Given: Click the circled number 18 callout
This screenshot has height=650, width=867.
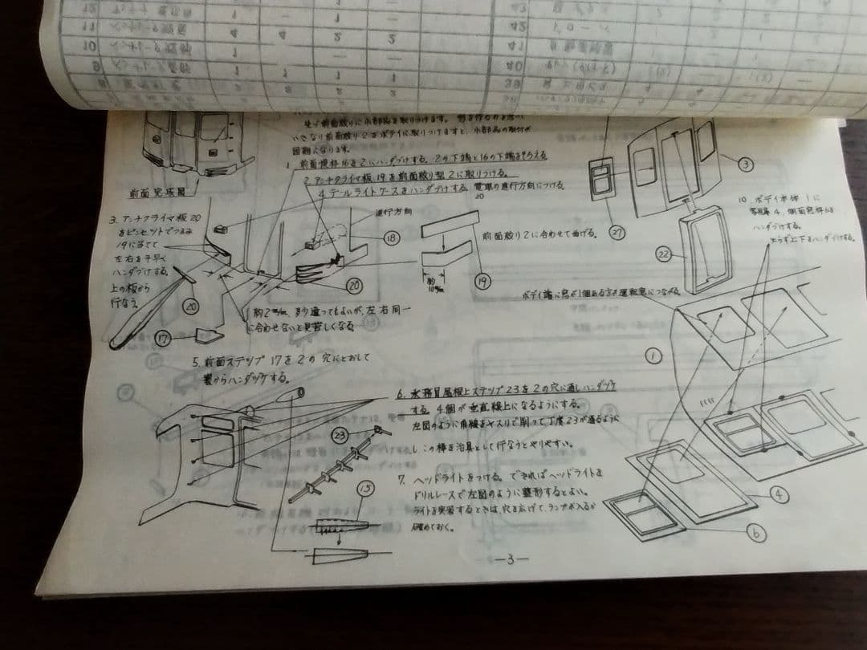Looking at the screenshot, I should [393, 238].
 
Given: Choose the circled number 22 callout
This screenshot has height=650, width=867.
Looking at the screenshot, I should [663, 254].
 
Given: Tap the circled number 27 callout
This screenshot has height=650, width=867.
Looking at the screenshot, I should [617, 233].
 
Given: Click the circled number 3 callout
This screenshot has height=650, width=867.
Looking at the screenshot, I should [746, 163].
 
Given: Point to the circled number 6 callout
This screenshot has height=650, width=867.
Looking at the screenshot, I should [757, 531].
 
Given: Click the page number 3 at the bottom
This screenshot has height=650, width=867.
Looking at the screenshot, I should [508, 559].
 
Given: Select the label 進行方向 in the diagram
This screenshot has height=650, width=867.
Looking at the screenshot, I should [393, 213].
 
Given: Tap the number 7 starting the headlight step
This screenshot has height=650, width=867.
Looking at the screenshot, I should [401, 479].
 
